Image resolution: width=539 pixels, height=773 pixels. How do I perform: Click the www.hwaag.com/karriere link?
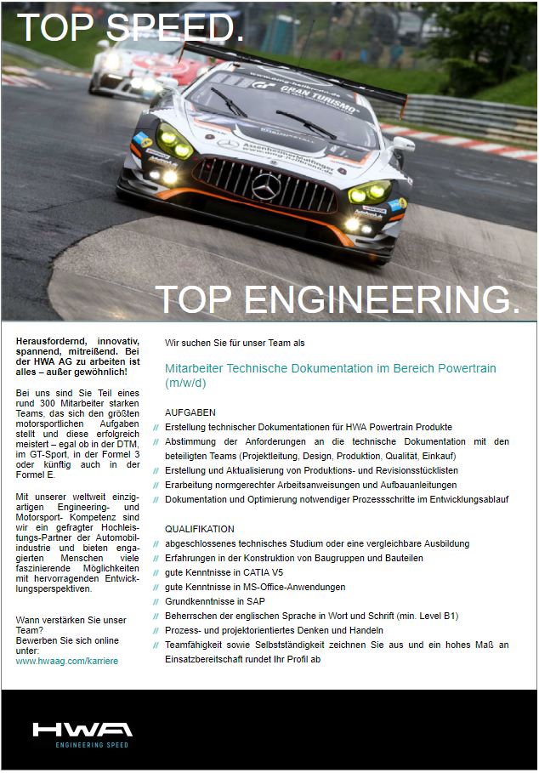click(x=67, y=660)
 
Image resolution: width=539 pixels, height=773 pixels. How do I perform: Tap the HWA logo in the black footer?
click(x=82, y=729)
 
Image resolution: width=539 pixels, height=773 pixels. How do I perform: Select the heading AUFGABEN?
click(x=190, y=412)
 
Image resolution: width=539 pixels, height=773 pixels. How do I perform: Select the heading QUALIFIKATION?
click(x=199, y=528)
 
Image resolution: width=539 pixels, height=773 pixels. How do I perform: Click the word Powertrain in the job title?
click(x=468, y=368)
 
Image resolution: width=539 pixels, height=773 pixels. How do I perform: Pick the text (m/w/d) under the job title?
click(x=185, y=383)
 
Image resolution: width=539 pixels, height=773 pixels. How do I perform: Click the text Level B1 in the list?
click(x=439, y=616)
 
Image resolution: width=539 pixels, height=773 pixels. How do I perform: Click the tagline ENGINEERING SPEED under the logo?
click(x=81, y=745)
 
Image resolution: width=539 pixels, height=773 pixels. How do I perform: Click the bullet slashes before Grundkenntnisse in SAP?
click(x=156, y=601)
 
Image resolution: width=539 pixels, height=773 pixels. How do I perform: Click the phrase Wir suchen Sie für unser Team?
click(x=228, y=343)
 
